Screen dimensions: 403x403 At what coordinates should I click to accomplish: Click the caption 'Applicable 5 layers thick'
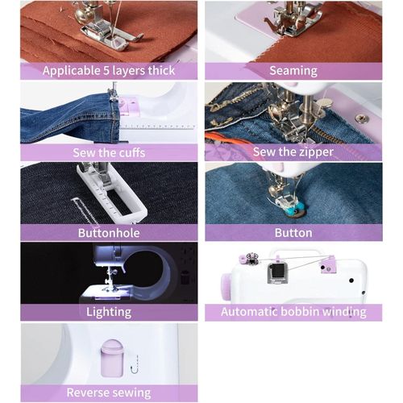click(109, 70)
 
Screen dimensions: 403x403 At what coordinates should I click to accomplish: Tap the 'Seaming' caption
click(293, 70)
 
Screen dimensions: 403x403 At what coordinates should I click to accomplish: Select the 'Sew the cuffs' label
click(109, 152)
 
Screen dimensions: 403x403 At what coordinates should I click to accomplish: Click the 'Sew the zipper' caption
click(293, 152)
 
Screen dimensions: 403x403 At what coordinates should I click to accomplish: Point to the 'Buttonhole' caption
click(109, 233)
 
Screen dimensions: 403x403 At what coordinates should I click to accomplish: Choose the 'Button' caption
click(293, 233)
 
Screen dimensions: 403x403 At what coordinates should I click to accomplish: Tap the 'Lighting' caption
click(109, 312)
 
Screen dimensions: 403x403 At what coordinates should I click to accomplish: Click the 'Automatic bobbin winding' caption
click(293, 312)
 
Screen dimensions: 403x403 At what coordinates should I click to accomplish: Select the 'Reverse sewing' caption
click(109, 393)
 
